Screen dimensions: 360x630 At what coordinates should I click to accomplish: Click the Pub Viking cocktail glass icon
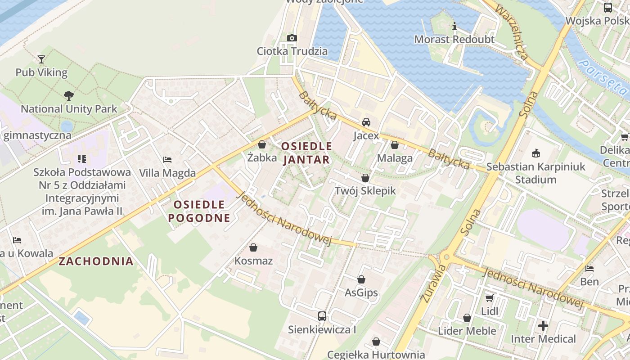tap(41, 59)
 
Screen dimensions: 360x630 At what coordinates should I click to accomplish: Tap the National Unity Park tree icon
tap(68, 95)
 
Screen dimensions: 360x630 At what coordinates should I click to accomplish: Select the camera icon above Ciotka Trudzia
tap(292, 38)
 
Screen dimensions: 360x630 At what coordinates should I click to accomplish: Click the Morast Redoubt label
tap(454, 40)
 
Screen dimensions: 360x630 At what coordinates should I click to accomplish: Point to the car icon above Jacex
tap(366, 122)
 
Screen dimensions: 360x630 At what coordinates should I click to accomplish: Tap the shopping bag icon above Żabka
tap(262, 145)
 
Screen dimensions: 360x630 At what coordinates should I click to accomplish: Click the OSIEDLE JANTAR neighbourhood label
tap(306, 153)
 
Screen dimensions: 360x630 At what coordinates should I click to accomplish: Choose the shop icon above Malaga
tap(395, 145)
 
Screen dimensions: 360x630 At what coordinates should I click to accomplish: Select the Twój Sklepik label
tap(365, 191)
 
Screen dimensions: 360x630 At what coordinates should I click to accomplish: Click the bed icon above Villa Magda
tap(167, 160)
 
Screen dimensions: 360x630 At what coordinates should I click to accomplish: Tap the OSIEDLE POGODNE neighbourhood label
tap(199, 211)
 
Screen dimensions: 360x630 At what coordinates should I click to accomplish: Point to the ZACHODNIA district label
tap(96, 261)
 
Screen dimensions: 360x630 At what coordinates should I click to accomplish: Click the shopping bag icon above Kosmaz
tap(253, 247)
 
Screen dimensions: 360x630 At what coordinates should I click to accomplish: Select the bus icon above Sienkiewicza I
tap(322, 316)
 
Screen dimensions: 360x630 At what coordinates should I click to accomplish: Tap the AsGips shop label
tap(361, 293)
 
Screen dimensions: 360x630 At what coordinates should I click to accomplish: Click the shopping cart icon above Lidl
tap(489, 298)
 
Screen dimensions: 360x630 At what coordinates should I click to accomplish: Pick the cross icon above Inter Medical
tap(543, 326)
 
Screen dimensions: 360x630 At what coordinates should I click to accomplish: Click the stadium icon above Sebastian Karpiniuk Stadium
tap(535, 153)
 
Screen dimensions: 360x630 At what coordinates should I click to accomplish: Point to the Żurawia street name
tap(427, 283)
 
